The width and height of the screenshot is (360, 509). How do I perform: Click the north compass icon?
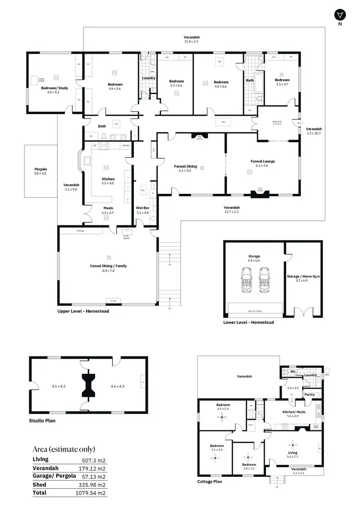[x=340, y=14]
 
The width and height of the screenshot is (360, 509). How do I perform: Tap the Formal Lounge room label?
[x=263, y=162]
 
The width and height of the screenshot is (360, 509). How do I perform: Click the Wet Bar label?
[x=143, y=208]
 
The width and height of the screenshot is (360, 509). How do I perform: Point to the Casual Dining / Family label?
[x=108, y=266]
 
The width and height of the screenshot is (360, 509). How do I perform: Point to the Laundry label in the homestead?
[x=148, y=78]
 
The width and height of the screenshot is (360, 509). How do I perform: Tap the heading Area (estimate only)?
[x=63, y=449]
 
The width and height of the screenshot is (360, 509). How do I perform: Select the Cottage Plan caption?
[x=209, y=481]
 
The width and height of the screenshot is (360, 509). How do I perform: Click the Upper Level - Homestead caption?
[x=83, y=311]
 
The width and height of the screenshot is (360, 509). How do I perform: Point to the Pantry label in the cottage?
[x=310, y=395]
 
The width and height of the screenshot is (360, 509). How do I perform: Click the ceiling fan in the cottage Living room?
[x=292, y=444]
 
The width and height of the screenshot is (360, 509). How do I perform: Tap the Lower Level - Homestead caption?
[x=249, y=322]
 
